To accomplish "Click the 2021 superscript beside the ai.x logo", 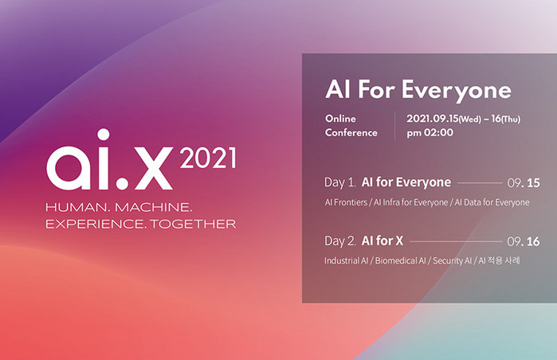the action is tap(208, 158).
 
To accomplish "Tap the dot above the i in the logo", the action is tap(104, 135).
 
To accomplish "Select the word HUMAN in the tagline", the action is tap(77, 207).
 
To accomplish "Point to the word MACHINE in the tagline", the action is tap(154, 207).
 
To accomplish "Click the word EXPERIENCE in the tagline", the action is tap(95, 224).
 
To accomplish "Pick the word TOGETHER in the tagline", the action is tap(193, 224).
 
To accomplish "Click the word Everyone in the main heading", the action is tap(457, 91).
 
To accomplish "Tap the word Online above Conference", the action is tap(340, 119).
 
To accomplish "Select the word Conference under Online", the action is tap(351, 133).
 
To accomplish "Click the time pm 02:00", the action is tap(430, 133).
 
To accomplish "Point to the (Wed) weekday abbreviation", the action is tap(470, 119).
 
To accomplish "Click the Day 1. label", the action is tap(340, 182).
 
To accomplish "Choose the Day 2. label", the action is tap(340, 241).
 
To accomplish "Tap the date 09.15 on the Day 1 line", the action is tap(524, 183).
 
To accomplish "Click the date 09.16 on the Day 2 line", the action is tap(524, 242).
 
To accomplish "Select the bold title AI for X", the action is tap(382, 241).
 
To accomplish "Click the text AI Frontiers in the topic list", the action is tap(346, 202).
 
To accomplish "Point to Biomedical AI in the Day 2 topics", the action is tap(400, 260).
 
